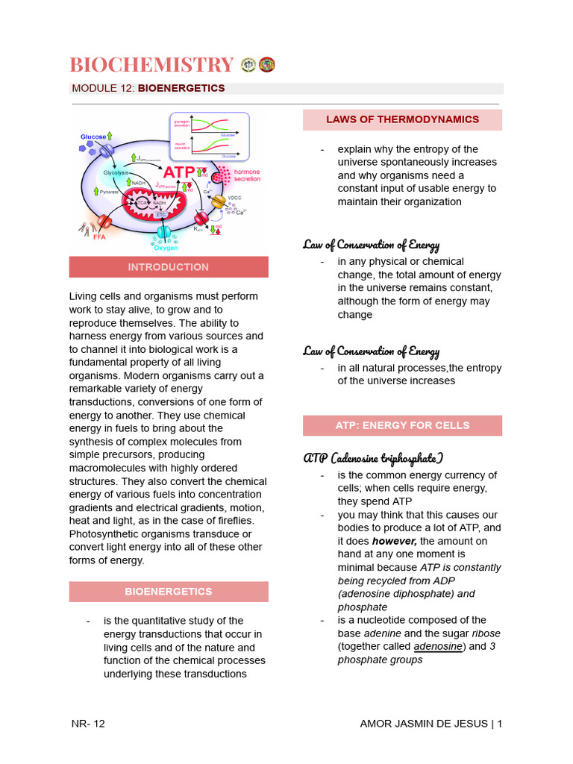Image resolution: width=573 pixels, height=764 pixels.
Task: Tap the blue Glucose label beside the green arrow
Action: [x=93, y=137]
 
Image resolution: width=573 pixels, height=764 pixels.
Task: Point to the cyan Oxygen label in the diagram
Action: [x=165, y=248]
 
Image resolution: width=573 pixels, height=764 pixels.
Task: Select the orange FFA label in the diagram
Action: [x=99, y=237]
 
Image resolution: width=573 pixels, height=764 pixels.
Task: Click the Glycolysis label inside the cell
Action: [x=116, y=172]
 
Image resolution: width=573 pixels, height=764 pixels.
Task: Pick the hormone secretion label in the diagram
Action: [x=247, y=175]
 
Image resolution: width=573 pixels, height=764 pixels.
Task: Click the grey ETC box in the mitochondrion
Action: [x=160, y=214]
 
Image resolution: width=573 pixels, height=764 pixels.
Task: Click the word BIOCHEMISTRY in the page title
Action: [x=152, y=65]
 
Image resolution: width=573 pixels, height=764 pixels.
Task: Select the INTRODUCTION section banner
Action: [x=169, y=267]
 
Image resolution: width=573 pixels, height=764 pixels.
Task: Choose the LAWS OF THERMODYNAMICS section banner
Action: [x=402, y=120]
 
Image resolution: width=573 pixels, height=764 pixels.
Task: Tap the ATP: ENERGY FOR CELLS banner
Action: [x=402, y=425]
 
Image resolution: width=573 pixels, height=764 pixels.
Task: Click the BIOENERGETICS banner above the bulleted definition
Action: [x=169, y=592]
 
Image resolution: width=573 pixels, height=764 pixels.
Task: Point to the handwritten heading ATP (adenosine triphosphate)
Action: [x=373, y=457]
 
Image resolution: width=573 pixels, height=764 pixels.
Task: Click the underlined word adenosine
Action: [x=437, y=647]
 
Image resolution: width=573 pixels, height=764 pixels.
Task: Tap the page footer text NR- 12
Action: [x=88, y=724]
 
